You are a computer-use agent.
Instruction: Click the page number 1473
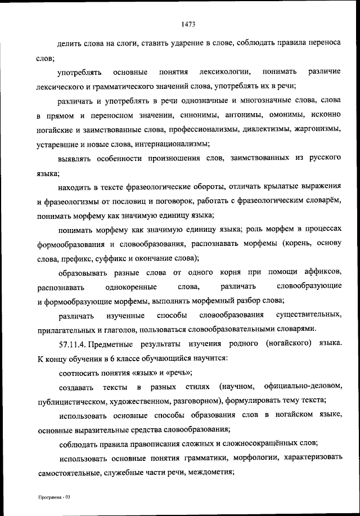pyautogui.click(x=188, y=24)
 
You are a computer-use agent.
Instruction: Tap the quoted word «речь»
pyautogui.click(x=178, y=371)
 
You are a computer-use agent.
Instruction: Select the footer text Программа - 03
pyautogui.click(x=53, y=497)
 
